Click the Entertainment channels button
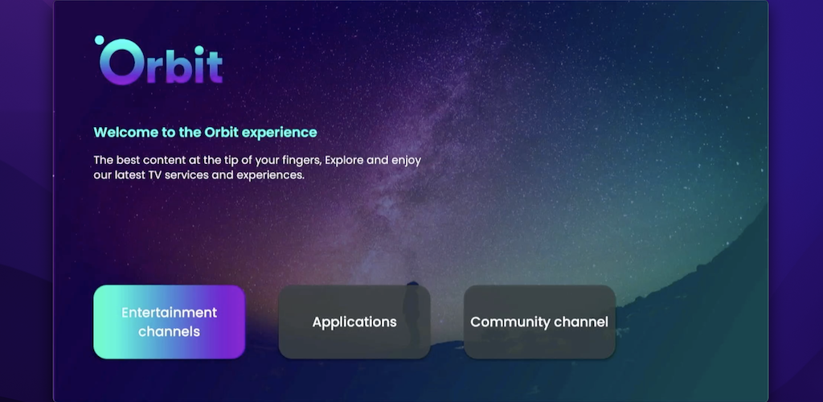169,322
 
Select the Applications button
354,322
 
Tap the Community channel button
539,322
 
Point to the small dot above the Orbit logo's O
99,40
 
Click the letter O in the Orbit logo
121,62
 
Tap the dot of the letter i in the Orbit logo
199,51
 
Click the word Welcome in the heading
126,132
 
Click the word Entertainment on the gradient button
169,312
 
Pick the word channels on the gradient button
169,332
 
